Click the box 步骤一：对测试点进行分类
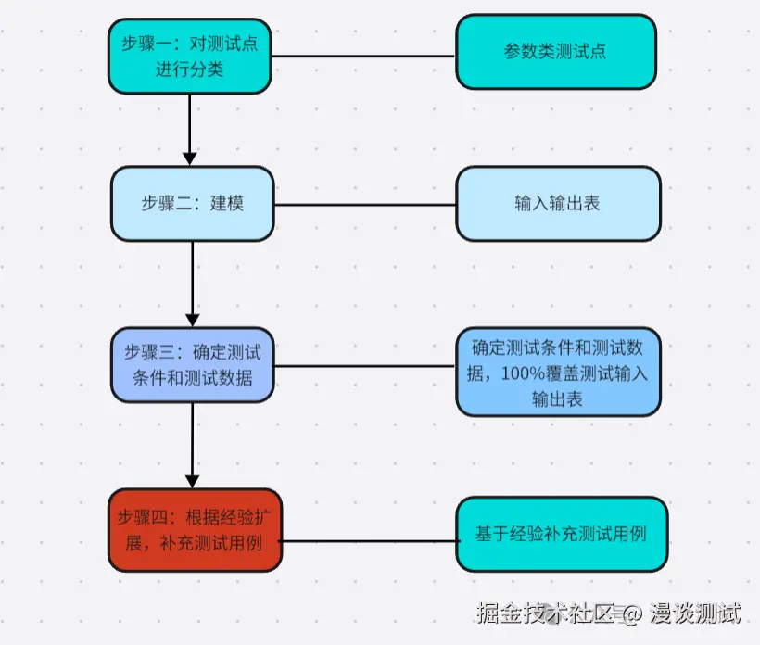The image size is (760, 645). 189,56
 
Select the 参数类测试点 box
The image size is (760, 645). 555,52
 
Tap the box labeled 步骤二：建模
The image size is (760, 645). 192,203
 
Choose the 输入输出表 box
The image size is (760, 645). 557,203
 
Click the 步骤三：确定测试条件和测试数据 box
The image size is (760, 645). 193,364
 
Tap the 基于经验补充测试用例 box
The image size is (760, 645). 560,534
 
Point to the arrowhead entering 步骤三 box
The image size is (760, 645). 192,319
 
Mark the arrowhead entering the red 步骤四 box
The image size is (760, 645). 192,480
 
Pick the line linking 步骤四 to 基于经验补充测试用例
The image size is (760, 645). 369,539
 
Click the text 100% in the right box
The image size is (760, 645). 526,374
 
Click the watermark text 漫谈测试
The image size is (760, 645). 694,613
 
